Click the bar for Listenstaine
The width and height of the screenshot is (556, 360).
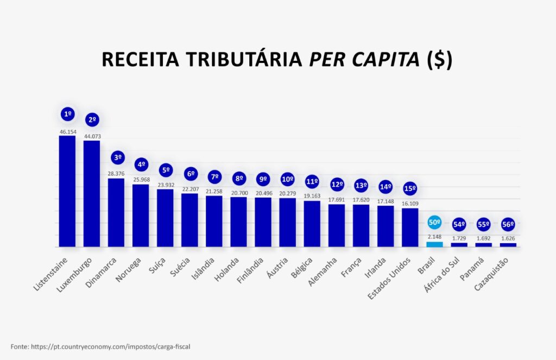click(67, 191)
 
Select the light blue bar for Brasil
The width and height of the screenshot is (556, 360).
click(434, 244)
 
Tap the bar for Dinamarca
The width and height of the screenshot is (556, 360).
click(116, 212)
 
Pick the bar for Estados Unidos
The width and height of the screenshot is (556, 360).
click(410, 228)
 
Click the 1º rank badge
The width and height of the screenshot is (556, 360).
click(68, 114)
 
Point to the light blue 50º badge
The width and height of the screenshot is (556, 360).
click(434, 222)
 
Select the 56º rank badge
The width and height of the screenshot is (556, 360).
click(508, 224)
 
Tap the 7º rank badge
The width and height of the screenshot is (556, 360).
click(214, 176)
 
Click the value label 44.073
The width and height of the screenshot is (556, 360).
click(92, 136)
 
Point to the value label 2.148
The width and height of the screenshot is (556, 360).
click(434, 237)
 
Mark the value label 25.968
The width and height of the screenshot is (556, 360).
click(141, 180)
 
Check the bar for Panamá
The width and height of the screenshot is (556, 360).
click(483, 245)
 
